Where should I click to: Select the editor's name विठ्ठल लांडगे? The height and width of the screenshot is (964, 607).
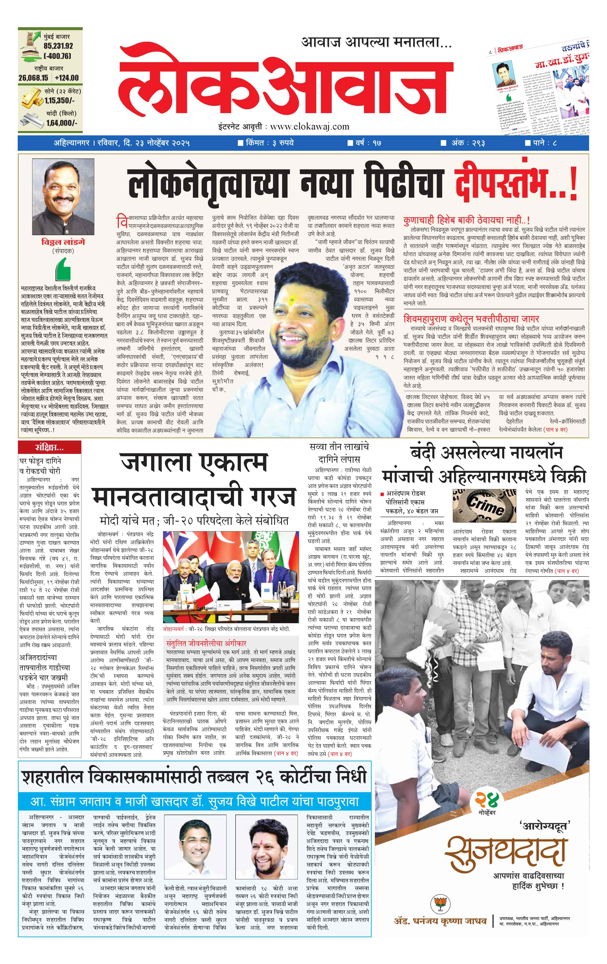[63, 242]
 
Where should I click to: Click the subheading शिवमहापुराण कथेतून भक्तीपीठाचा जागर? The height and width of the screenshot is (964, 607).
[471, 319]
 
